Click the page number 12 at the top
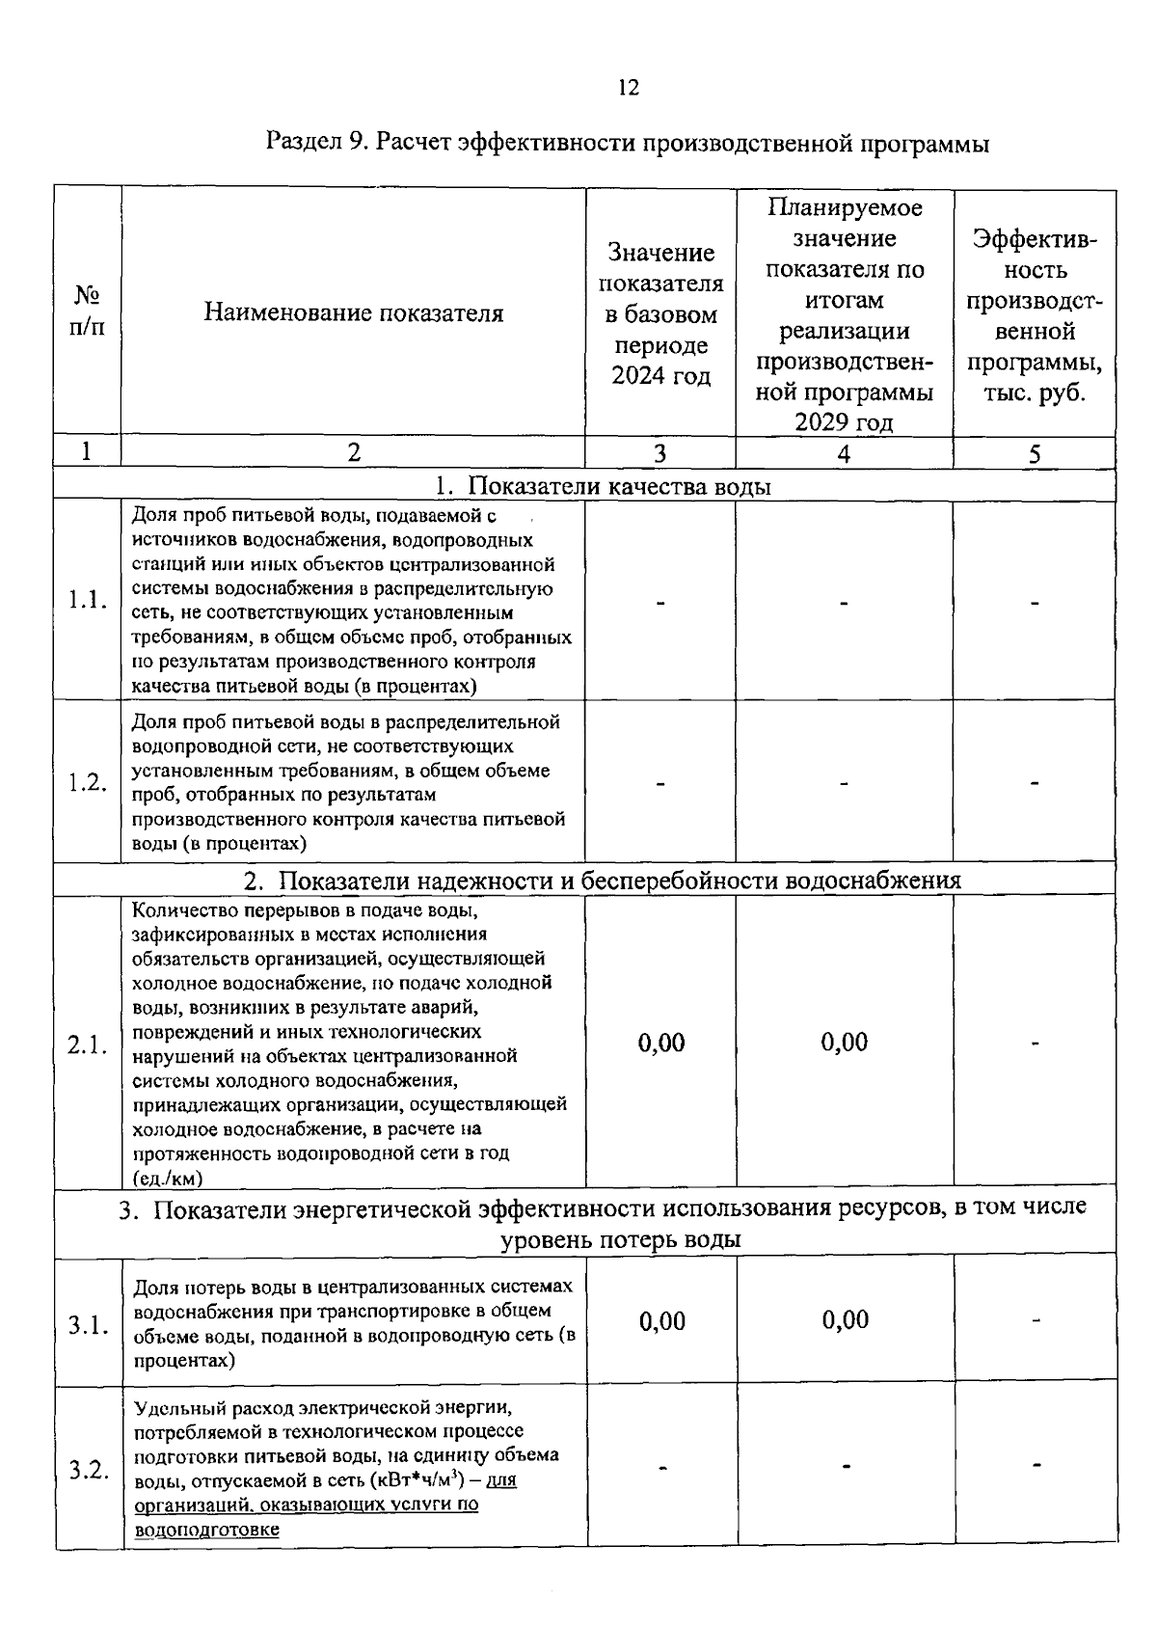pyautogui.click(x=628, y=88)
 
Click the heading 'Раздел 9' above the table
pyautogui.click(x=314, y=144)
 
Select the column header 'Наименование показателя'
pyautogui.click(x=353, y=313)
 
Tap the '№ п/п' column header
pyautogui.click(x=88, y=311)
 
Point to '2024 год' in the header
pyautogui.click(x=660, y=376)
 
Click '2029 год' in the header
pyautogui.click(x=844, y=422)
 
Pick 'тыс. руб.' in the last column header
pyautogui.click(x=1035, y=393)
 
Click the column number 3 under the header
pyautogui.click(x=660, y=453)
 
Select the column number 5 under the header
pyautogui.click(x=1035, y=454)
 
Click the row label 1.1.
pyautogui.click(x=88, y=600)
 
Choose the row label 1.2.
pyautogui.click(x=88, y=782)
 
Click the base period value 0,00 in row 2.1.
pyautogui.click(x=661, y=1043)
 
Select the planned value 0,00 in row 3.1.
pyautogui.click(x=846, y=1319)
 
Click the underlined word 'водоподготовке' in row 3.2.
pyautogui.click(x=207, y=1531)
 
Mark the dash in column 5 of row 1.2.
pyautogui.click(x=1035, y=784)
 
